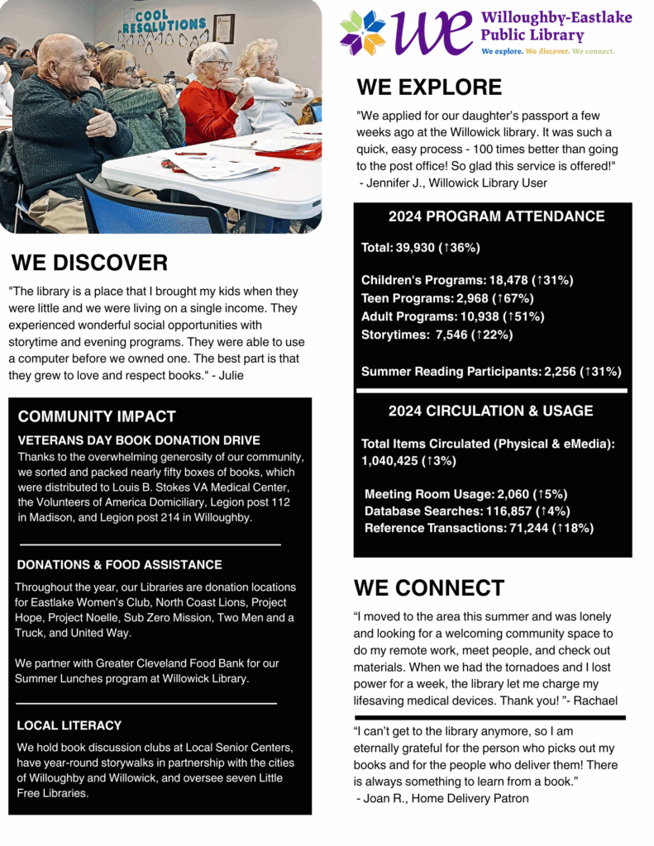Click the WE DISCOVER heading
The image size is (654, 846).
(x=89, y=263)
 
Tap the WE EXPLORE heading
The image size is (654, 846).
(x=429, y=88)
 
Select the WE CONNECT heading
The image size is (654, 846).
(x=428, y=587)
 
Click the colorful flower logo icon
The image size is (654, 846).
(x=363, y=33)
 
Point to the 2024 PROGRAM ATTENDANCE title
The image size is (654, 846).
(x=496, y=216)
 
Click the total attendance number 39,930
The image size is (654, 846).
(x=426, y=248)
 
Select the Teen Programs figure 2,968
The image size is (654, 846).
(x=470, y=298)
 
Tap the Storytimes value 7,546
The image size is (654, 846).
(x=446, y=335)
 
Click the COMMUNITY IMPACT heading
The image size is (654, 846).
(x=97, y=416)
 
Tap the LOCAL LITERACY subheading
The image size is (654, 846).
(x=69, y=725)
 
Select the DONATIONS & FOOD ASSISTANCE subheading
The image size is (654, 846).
(x=119, y=565)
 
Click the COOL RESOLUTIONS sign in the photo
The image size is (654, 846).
(x=164, y=22)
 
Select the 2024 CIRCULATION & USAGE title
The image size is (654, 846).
(x=491, y=411)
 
